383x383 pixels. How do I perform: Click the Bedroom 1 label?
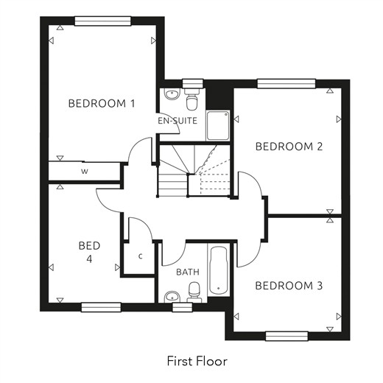102,103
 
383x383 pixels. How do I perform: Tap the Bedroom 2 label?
289,147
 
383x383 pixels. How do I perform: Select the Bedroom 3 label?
289,286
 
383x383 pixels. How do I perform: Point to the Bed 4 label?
89,252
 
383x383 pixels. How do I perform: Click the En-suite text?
178,121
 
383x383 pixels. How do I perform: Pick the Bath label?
188,272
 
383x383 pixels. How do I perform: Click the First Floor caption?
197,361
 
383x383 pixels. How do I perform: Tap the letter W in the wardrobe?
85,172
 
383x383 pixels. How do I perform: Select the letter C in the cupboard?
141,256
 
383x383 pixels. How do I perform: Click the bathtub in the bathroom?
219,270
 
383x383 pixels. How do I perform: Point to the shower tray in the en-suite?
218,125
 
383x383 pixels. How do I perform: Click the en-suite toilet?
191,99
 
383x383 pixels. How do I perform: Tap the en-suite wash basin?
172,94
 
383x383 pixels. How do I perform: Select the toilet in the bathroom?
194,292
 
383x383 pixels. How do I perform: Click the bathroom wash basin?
172,297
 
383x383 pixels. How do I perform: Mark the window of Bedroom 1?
102,21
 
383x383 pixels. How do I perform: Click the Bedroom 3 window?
287,336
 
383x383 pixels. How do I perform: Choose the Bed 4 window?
101,307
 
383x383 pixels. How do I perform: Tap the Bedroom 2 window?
287,84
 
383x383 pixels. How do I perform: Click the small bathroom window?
182,307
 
